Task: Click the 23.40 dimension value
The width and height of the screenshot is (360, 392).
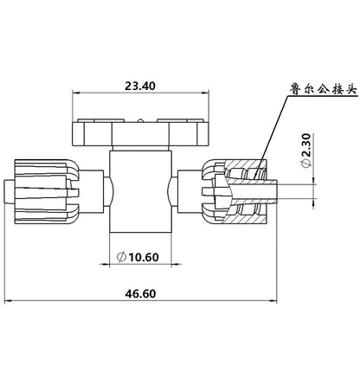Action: [140, 86]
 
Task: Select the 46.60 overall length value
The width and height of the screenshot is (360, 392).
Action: [140, 293]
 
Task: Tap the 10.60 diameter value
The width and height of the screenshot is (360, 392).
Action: [144, 257]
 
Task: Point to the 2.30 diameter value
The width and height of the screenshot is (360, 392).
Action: [307, 145]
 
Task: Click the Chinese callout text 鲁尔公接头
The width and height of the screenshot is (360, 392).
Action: [324, 89]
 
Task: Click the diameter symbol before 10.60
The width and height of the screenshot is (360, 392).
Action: [121, 257]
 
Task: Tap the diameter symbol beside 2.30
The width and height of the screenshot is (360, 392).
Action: [307, 163]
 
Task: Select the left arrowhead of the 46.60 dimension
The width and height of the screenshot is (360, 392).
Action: [8, 301]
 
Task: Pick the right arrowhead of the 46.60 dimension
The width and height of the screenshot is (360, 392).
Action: [273, 301]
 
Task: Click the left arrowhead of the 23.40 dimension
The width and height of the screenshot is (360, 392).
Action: [75, 93]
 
